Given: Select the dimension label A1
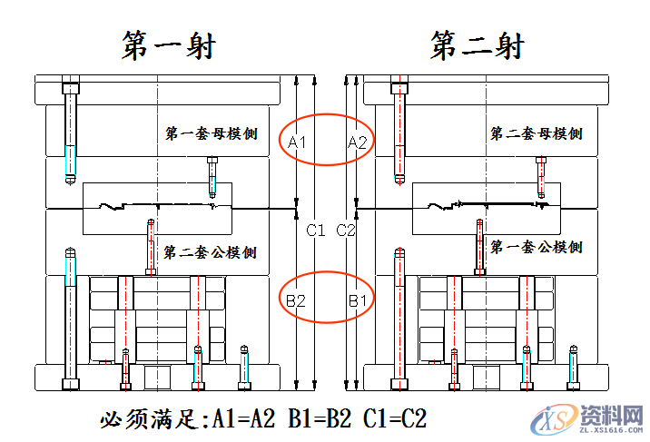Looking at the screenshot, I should point(298,142).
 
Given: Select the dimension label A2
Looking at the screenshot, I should point(358,142).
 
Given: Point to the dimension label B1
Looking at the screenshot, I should point(357,299).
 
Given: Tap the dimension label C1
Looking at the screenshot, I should point(315,231).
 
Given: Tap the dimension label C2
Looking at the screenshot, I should point(347,231).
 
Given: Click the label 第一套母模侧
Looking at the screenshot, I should point(211,134).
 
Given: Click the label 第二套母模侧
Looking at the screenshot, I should point(536,134).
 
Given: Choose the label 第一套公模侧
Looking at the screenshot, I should point(536,247).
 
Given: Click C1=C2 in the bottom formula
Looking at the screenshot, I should point(395,419).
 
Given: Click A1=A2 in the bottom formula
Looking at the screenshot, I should point(242,419).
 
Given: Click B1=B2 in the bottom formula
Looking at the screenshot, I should point(320,419).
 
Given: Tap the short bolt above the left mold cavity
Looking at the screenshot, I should point(212,176).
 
